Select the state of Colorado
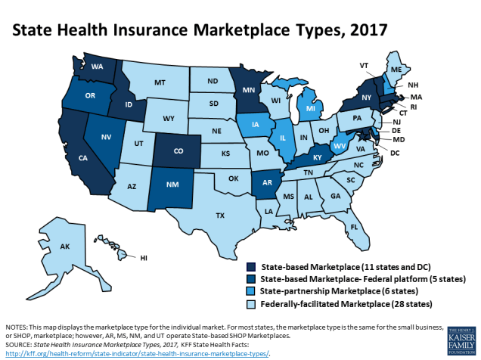178,150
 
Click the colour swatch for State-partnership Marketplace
250,292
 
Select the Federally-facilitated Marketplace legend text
335,304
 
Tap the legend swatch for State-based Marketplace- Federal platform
250,279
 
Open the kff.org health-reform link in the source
136,352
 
